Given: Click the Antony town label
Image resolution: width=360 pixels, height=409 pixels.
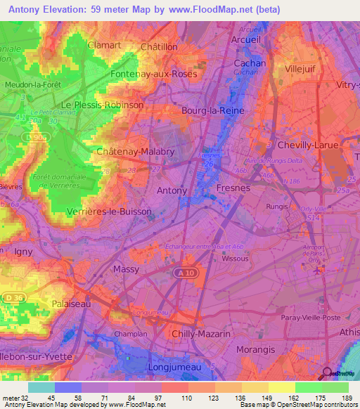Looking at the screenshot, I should coord(172,190).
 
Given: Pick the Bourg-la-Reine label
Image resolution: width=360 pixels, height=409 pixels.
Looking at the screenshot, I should coord(210,110).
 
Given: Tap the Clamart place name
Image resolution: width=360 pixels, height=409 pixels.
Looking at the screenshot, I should coord(105,45).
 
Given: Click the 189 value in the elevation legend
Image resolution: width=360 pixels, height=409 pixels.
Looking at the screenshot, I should coord(345,398).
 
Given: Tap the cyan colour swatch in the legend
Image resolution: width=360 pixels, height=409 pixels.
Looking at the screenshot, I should coord(41,387).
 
